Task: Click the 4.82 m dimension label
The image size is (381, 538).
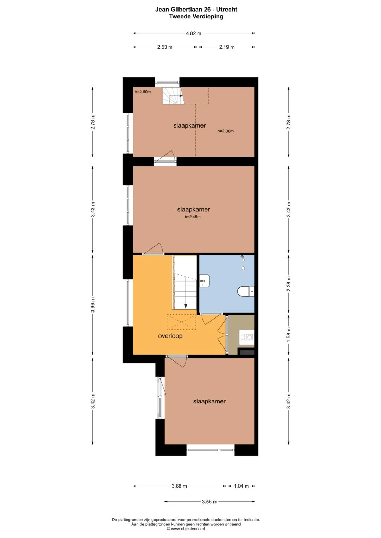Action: (193, 33)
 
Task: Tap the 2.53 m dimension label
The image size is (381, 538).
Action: (165, 47)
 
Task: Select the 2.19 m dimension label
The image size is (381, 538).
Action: (226, 47)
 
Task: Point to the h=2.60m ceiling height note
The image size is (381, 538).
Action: (143, 92)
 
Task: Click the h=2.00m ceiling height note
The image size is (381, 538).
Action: (225, 131)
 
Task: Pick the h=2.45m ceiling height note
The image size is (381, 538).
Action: (192, 217)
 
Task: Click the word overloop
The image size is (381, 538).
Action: (170, 336)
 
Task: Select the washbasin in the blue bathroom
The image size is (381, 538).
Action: (204, 281)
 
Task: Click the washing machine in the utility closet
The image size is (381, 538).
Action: (247, 337)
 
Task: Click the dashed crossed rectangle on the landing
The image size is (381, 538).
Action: (182, 322)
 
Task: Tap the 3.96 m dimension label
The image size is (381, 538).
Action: (93, 304)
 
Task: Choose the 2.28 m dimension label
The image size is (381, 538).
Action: (289, 283)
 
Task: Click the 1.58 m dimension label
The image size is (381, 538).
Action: (289, 335)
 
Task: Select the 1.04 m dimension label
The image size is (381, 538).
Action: (241, 486)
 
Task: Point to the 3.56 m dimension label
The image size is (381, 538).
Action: (210, 501)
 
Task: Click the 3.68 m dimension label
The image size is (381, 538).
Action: (179, 486)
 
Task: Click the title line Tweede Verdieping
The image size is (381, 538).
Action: (196, 16)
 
